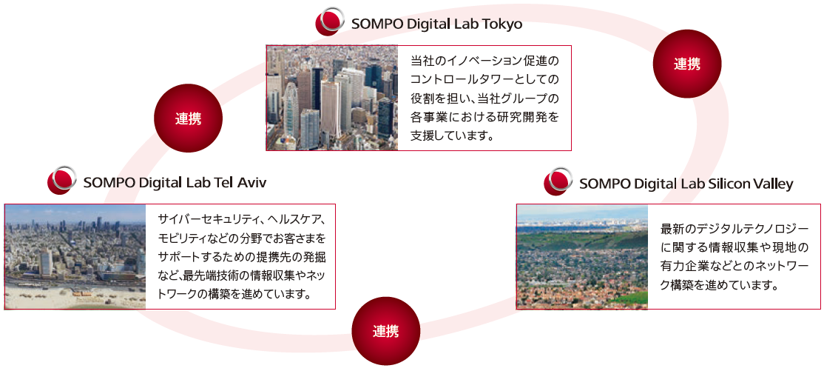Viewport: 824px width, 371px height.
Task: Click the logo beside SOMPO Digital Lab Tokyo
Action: point(329,21)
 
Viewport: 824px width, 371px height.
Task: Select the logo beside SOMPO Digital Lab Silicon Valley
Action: point(558,181)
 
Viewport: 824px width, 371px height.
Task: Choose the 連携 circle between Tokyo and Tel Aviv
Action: point(188,118)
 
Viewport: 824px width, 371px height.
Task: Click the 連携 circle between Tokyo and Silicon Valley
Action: point(687,64)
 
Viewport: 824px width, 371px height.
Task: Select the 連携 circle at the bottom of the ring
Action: point(385,330)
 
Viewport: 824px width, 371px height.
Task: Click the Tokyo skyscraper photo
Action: point(332,98)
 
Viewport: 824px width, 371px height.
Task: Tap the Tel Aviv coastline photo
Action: point(75,257)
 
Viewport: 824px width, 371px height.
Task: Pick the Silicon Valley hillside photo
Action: point(582,257)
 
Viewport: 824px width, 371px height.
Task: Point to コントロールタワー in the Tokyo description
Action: point(465,79)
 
